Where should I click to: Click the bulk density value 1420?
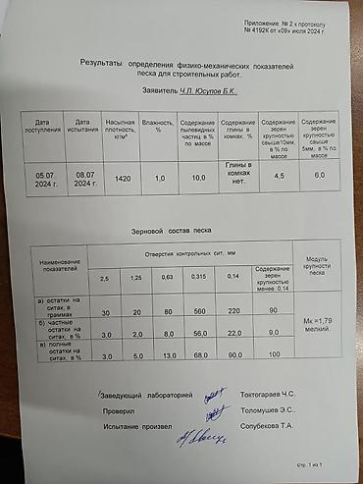[123, 178]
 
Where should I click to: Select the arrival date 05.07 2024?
[48, 178]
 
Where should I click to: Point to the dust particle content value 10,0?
[198, 178]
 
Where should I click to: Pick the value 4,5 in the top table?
[279, 175]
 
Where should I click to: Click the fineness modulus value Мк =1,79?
[319, 322]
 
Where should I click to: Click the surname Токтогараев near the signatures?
[267, 395]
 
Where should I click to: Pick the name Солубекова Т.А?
[267, 427]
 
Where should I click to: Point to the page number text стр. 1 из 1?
[309, 462]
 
